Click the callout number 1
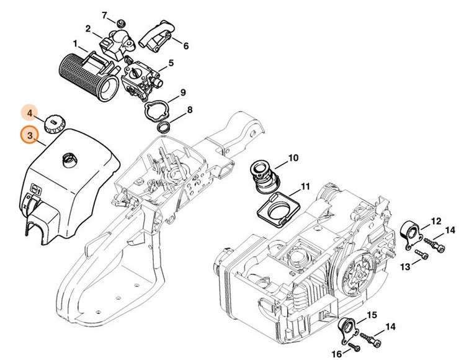coord(75,44)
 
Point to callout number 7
coord(104,14)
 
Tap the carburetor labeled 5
coord(142,79)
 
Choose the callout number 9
coord(182,93)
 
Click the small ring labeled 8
coord(164,127)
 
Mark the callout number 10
coord(293,158)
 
